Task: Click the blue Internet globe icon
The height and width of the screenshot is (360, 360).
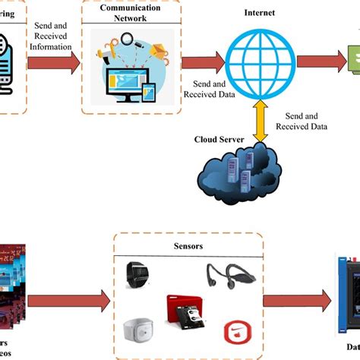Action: click(x=260, y=62)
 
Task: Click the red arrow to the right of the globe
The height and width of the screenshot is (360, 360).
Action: click(x=317, y=62)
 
